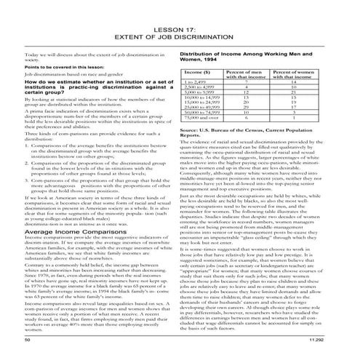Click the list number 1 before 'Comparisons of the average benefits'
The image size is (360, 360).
tap(28, 145)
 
